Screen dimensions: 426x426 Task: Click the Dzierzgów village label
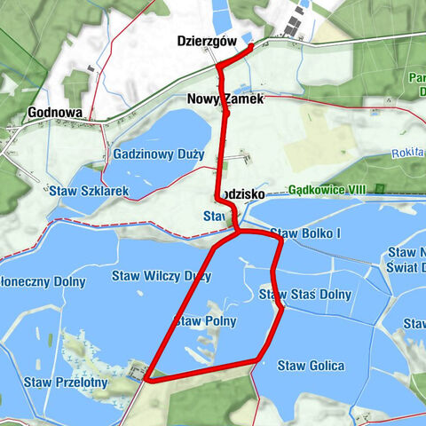(206, 40)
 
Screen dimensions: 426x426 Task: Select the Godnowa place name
(55, 113)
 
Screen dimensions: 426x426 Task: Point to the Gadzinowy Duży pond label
(159, 154)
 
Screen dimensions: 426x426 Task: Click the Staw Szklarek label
(90, 191)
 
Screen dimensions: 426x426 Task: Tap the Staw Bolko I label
(305, 233)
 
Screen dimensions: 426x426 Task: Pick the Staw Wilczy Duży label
(161, 276)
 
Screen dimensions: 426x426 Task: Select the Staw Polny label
(206, 319)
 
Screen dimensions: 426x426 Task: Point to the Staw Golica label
(310, 365)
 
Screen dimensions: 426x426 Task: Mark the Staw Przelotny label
(66, 383)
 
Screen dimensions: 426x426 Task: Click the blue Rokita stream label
(407, 153)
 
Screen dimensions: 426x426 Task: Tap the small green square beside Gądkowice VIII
(380, 189)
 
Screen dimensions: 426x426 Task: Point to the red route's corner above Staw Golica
(259, 359)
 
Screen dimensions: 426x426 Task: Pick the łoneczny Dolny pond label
(43, 282)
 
